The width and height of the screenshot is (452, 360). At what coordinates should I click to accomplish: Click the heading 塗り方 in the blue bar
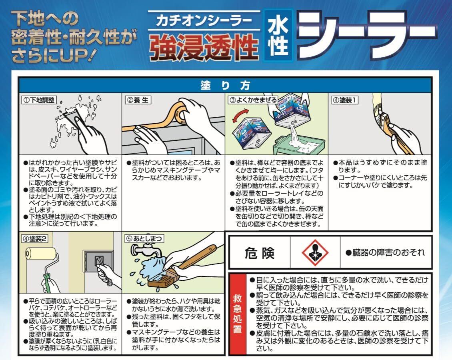tap(225, 86)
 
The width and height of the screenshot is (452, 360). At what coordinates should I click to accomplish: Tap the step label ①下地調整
tap(39, 100)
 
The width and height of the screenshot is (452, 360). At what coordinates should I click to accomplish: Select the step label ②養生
tap(138, 100)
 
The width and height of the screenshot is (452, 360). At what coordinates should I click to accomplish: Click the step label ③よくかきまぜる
tap(253, 100)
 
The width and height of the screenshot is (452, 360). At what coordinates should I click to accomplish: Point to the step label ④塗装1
tap(345, 100)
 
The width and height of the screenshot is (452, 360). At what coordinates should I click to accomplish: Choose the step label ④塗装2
tap(35, 239)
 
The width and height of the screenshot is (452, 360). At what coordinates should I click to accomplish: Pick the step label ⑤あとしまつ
tap(144, 239)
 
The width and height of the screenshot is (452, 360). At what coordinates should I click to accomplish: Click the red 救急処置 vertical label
tap(238, 314)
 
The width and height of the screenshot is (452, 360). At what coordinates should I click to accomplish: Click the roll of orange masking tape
tap(180, 113)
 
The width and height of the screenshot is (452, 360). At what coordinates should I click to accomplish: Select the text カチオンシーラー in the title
tap(204, 21)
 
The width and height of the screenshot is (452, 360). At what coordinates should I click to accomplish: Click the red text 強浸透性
tap(204, 47)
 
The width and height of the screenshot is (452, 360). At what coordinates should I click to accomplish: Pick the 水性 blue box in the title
tap(278, 36)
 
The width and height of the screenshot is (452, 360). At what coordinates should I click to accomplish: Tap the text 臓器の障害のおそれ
tap(386, 253)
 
